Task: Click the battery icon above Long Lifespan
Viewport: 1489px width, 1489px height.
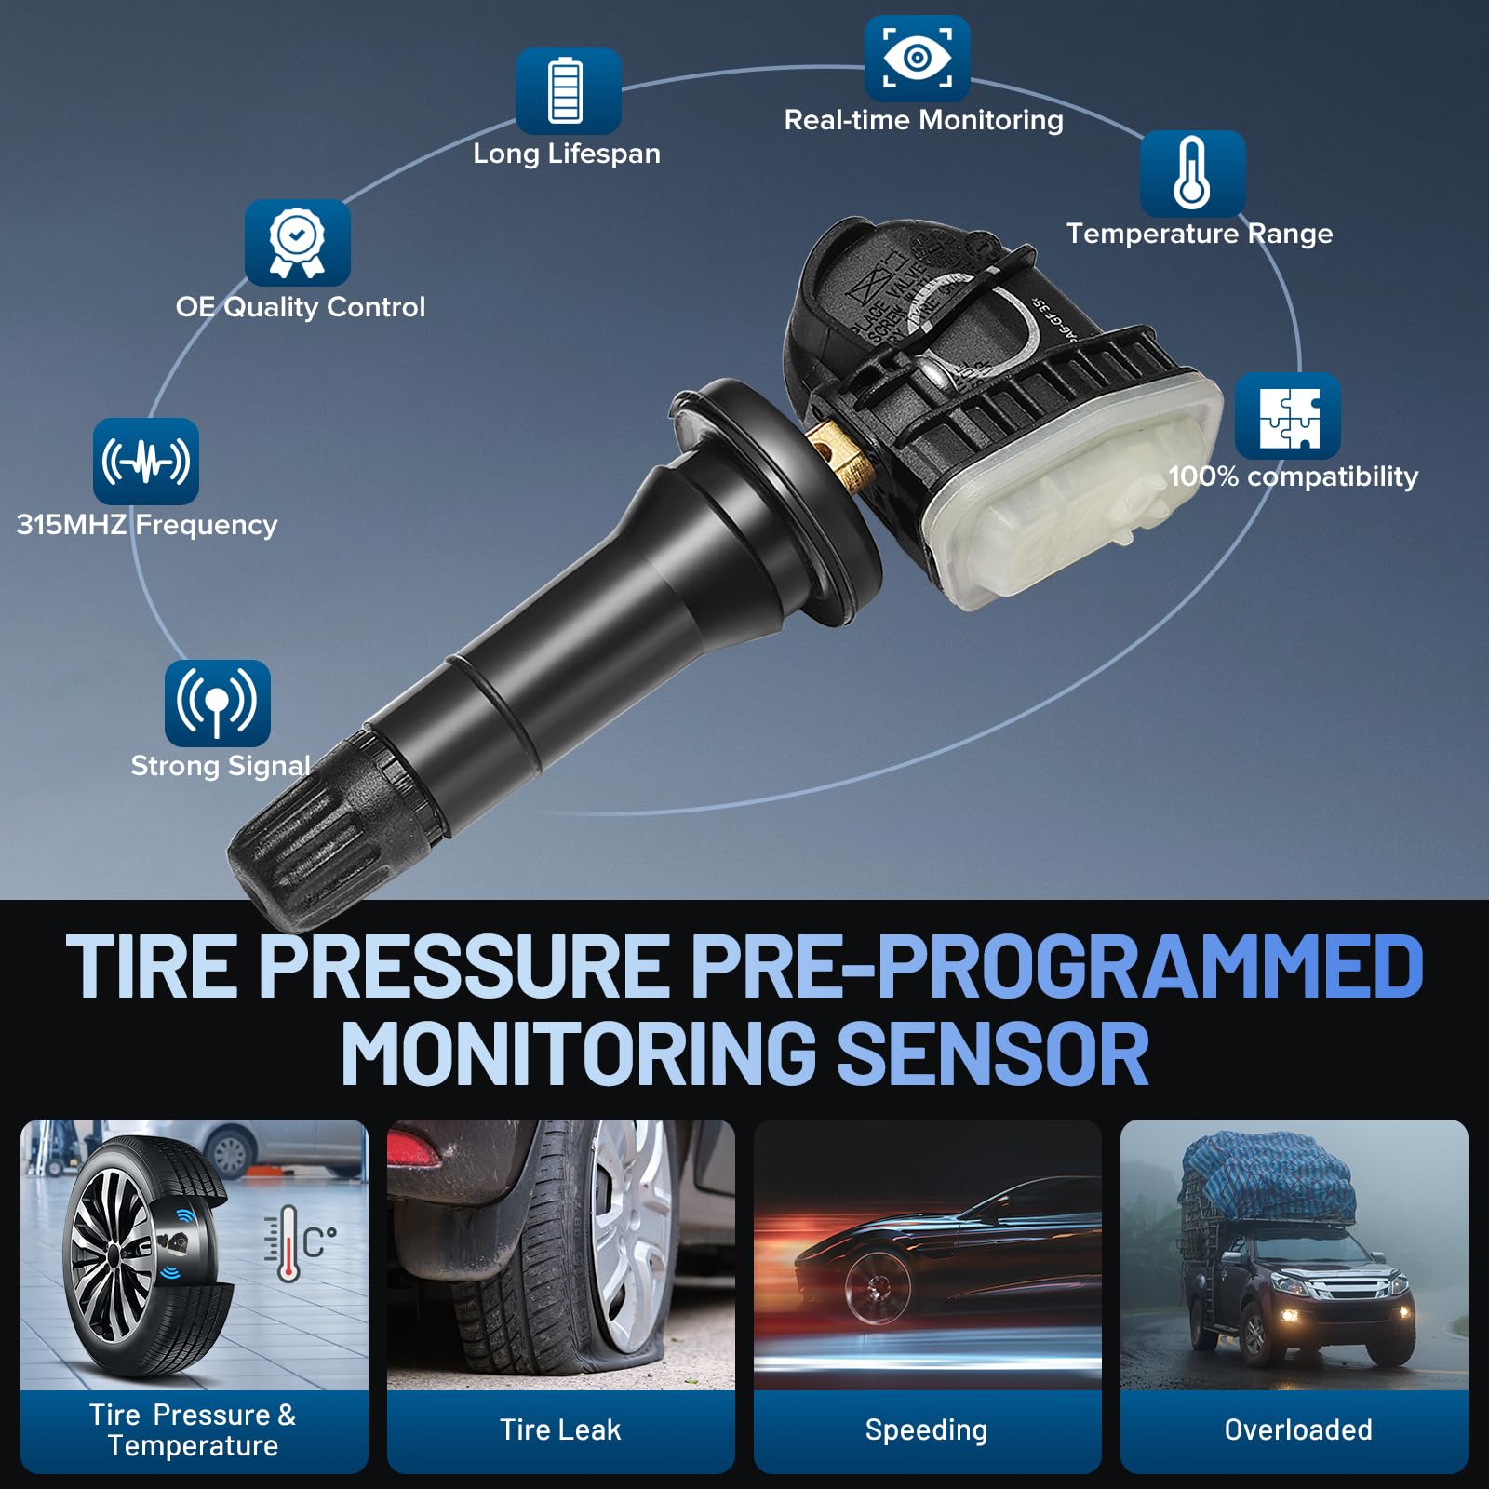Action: tap(568, 90)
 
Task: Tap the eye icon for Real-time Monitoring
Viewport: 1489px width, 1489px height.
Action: tap(917, 58)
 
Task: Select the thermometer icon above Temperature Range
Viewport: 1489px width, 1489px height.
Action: tap(1192, 173)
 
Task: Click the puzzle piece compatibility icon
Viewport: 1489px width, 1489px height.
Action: tap(1288, 416)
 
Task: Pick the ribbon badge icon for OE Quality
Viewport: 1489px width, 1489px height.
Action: tap(297, 243)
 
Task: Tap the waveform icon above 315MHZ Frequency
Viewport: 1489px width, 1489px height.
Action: tap(146, 461)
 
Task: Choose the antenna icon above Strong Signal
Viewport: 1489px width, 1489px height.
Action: tap(217, 703)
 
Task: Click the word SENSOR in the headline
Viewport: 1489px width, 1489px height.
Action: tap(993, 1053)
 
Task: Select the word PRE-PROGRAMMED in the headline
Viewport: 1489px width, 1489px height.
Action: tap(1057, 968)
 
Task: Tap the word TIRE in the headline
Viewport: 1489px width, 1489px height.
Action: tap(153, 968)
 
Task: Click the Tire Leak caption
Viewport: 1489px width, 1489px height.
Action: tap(560, 1429)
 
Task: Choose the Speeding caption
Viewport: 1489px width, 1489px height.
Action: tap(926, 1429)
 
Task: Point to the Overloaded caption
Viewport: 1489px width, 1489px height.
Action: tap(1297, 1429)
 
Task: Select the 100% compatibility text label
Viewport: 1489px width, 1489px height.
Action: tap(1293, 476)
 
